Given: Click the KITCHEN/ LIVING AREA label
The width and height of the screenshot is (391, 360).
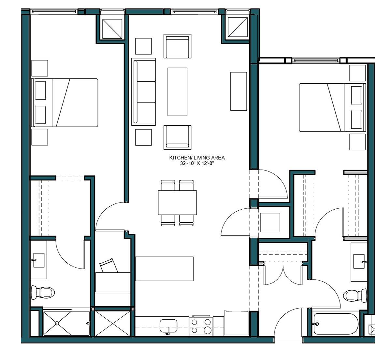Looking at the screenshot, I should click(x=197, y=158).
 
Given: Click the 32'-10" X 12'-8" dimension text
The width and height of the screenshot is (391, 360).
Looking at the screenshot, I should click(x=197, y=164).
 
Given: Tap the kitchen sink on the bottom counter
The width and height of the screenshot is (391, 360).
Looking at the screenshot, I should click(x=168, y=325).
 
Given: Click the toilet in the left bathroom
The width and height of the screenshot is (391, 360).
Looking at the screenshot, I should click(x=43, y=292).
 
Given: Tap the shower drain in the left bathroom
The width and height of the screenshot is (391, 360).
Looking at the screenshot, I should click(x=57, y=323).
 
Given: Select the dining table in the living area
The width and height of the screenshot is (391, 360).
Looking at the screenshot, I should click(x=178, y=202).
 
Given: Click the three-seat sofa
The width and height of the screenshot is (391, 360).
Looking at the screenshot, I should click(x=144, y=92).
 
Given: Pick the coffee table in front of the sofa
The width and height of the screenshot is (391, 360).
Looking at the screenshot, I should click(x=177, y=92).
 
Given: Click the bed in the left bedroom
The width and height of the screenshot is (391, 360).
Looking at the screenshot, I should click(x=65, y=103).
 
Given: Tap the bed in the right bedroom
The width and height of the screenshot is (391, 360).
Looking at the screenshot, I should click(x=331, y=107).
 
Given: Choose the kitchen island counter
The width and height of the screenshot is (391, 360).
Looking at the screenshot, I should click(x=164, y=269).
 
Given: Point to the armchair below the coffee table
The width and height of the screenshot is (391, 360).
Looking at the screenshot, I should click(x=177, y=137).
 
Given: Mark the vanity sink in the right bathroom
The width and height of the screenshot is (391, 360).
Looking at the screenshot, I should click(x=359, y=262).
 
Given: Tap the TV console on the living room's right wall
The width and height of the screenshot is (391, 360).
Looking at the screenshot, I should click(x=239, y=91).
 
